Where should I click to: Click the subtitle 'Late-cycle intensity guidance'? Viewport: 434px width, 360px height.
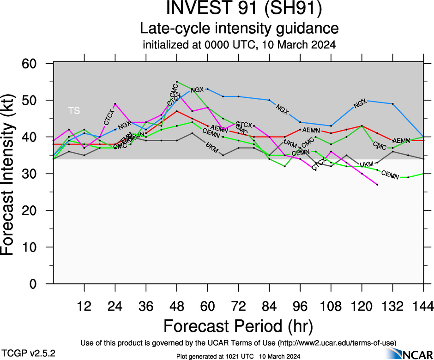pos(239,29)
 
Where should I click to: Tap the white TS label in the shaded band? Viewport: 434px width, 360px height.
pos(74,110)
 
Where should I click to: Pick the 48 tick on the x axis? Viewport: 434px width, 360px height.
pos(176,306)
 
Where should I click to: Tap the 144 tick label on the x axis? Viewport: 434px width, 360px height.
pos(423,306)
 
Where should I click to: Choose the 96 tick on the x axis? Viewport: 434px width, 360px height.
pos(300,306)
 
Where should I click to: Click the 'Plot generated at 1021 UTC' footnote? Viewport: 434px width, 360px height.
pos(239,356)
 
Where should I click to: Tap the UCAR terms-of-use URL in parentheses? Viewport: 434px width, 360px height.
pos(336,342)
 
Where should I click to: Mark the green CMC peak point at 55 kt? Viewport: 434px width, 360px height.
pos(177,82)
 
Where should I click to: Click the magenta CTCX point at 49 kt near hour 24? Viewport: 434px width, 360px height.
pos(115,104)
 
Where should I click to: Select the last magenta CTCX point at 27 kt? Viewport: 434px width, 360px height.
pos(377,185)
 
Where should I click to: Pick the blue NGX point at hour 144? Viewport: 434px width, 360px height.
pos(423,137)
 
